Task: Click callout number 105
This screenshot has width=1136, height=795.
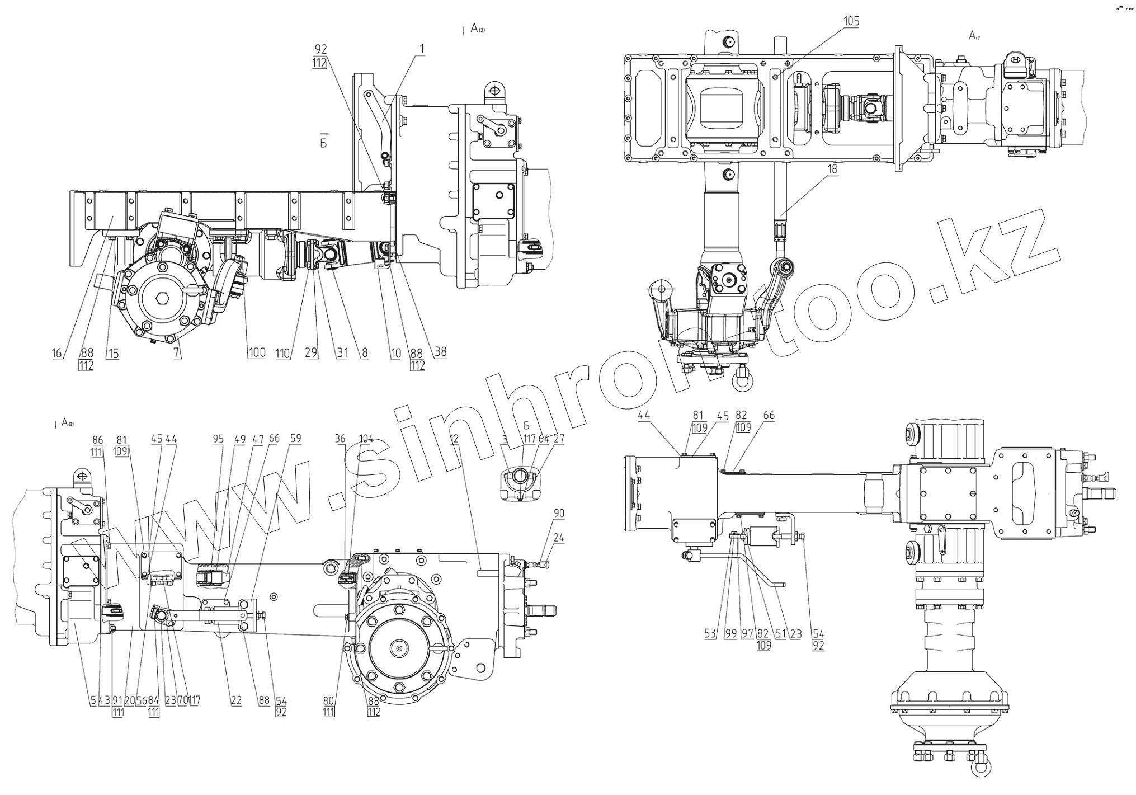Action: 851,22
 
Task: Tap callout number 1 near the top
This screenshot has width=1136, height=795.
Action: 422,49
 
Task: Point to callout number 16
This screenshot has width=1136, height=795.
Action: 57,353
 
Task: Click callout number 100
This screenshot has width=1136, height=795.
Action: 257,353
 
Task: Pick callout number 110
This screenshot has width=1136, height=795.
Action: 283,353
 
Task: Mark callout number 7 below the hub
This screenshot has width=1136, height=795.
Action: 177,353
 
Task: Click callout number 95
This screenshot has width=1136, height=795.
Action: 218,439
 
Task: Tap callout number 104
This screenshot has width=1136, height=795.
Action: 366,439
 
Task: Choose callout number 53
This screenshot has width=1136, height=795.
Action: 710,634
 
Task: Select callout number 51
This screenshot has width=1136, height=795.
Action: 779,634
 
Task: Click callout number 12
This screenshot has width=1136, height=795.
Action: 454,439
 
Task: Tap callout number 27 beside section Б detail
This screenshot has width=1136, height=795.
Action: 559,439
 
